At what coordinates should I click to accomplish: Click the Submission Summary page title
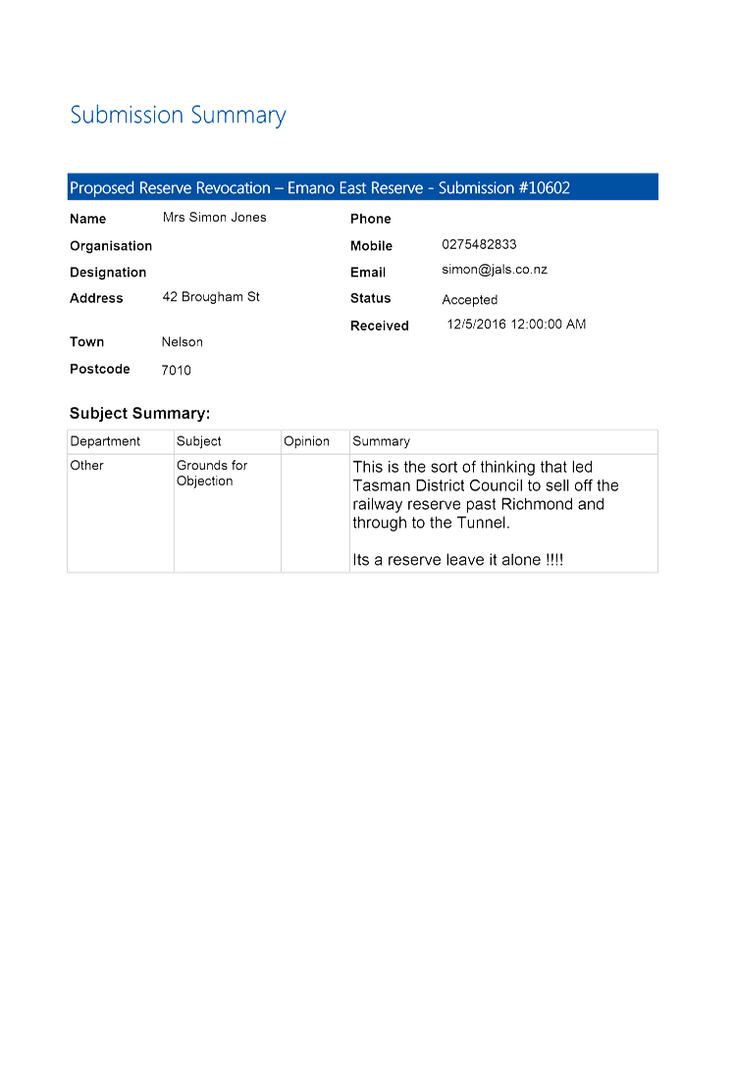point(178,115)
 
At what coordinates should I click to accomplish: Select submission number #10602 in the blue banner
point(545,188)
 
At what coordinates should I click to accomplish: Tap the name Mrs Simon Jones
point(215,217)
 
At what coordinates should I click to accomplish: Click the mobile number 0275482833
point(479,244)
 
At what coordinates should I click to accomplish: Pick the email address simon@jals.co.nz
point(495,270)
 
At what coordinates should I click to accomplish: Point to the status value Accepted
point(469,299)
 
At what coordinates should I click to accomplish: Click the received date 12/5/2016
point(477,324)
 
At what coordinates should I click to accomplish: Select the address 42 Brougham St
point(211,297)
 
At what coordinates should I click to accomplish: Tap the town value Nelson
point(182,341)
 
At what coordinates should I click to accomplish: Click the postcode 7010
point(176,370)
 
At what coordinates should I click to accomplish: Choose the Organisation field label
point(111,245)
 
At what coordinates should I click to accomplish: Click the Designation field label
point(108,273)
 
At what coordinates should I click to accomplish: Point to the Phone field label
point(371,219)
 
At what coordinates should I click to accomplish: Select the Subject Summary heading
point(139,413)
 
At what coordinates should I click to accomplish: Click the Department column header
point(105,441)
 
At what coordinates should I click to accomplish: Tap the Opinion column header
point(306,441)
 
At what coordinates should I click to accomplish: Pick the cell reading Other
point(86,466)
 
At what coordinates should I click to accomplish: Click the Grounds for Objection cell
point(212,473)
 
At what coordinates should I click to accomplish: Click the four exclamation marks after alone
point(554,559)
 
